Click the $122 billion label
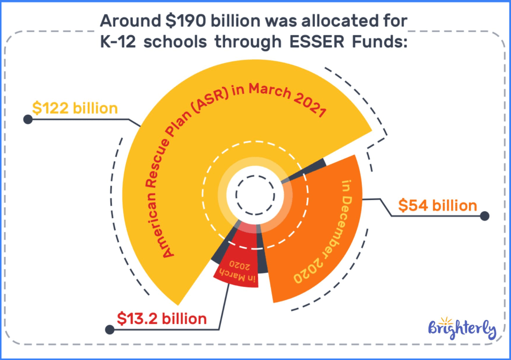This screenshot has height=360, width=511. [75, 108]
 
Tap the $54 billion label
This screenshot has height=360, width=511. [438, 205]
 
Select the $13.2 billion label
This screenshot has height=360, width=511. [162, 318]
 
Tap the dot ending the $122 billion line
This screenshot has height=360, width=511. [28, 120]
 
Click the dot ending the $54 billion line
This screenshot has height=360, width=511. [484, 216]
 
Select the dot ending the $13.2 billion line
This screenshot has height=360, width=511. [109, 330]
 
